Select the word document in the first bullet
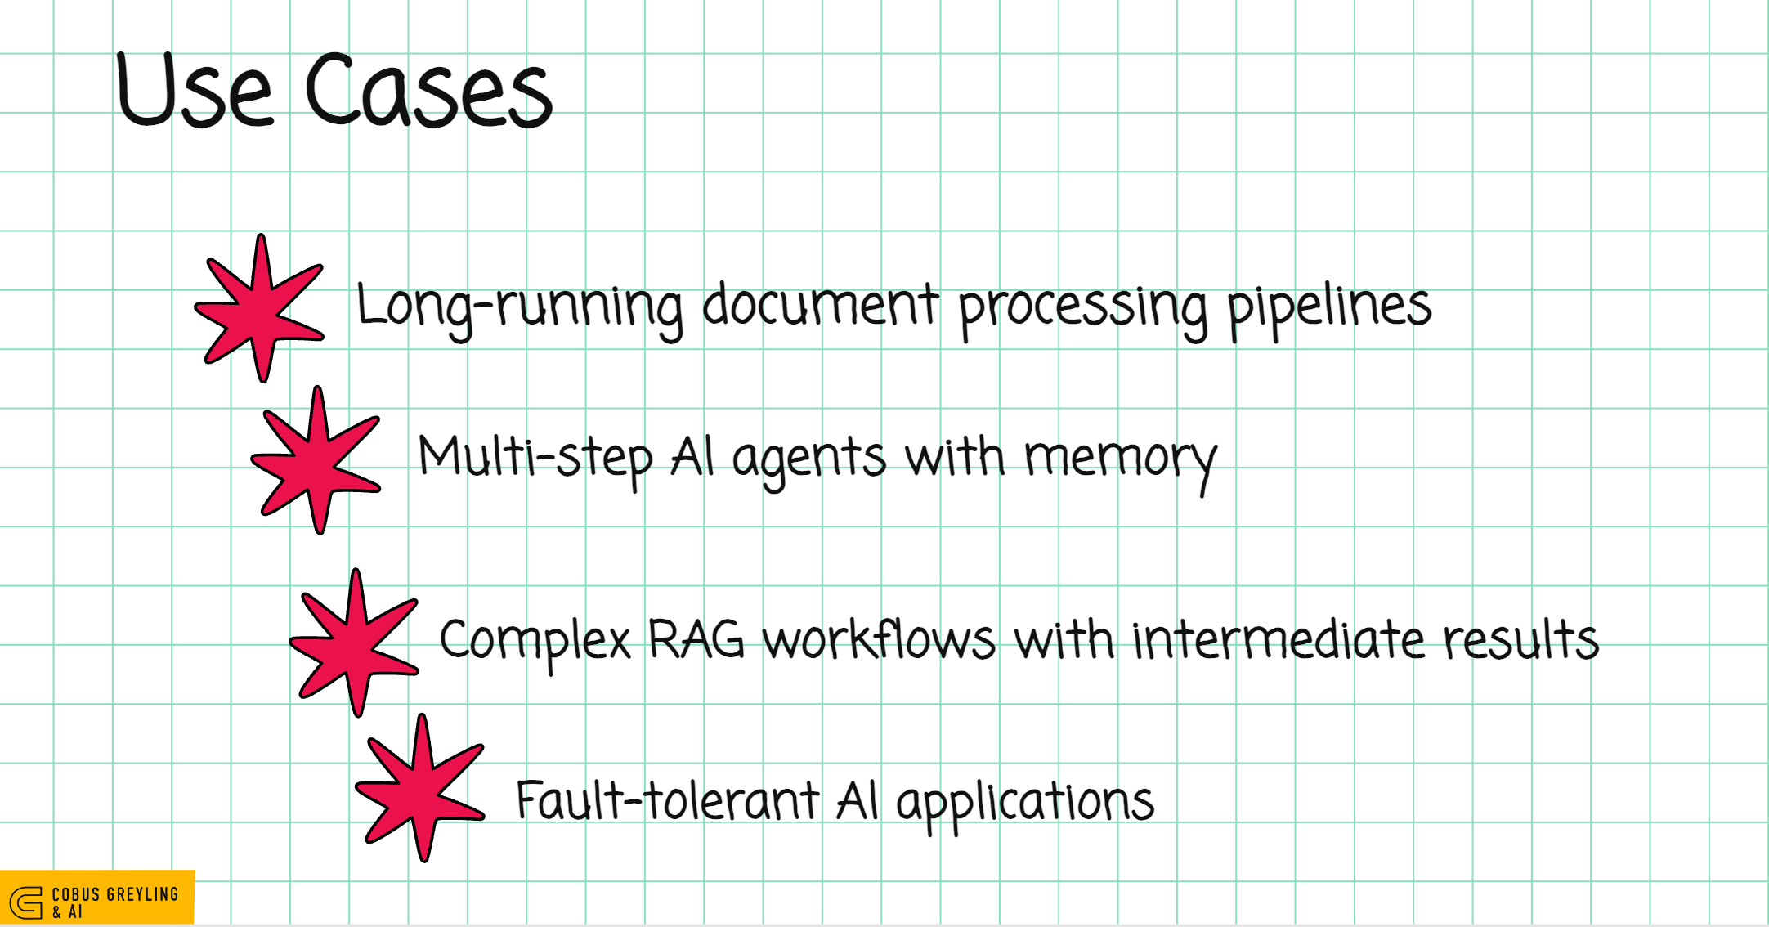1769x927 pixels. click(820, 306)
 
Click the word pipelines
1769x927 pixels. click(1329, 307)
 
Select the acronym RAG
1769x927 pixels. click(696, 639)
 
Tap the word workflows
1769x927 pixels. click(880, 639)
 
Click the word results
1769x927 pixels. click(1520, 639)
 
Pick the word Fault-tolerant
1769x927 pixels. click(667, 801)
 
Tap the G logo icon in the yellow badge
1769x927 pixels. click(26, 902)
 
